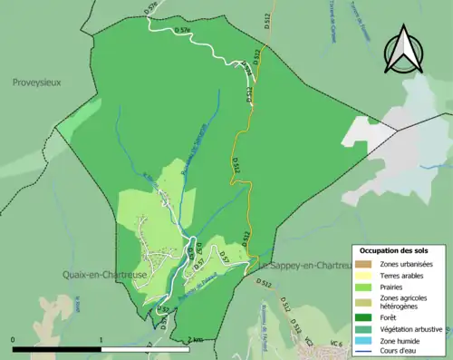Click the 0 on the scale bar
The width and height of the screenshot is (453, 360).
pos(14,338)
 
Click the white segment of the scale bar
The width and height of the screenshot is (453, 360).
pos(145,348)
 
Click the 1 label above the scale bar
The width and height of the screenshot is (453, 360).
pos(101,338)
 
